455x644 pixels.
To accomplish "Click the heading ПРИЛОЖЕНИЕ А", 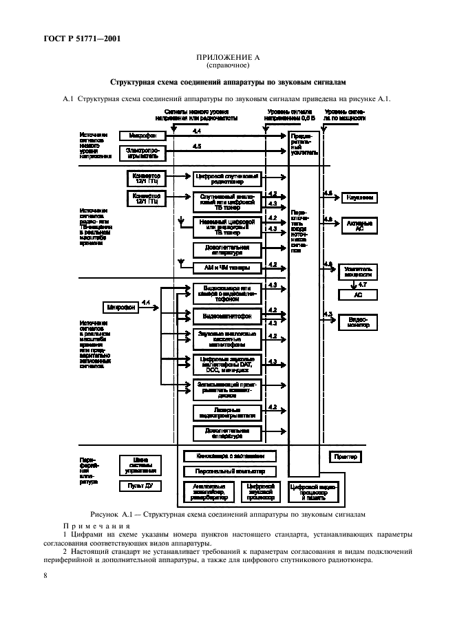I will coord(228,57).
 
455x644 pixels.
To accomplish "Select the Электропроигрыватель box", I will coord(142,151).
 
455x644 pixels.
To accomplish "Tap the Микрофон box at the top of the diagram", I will coord(142,136).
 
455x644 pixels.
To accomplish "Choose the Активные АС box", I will coord(359,224).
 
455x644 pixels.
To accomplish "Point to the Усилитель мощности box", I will coord(359,270).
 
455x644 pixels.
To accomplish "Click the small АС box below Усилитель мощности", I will coord(359,294).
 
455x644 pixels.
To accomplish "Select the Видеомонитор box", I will coord(359,321).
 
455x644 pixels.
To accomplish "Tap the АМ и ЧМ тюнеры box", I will coord(226,267).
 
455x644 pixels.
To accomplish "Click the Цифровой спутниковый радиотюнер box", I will coord(226,179).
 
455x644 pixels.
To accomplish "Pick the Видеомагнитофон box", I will coord(226,316).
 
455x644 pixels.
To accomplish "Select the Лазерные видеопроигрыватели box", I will coord(226,412).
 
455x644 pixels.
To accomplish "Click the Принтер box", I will coord(346,456).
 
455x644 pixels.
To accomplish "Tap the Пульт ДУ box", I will coord(141,486).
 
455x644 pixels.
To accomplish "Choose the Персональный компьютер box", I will coord(230,471).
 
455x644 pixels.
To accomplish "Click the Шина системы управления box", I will coord(141,464).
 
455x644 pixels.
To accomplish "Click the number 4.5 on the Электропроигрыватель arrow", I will coord(197,147).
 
